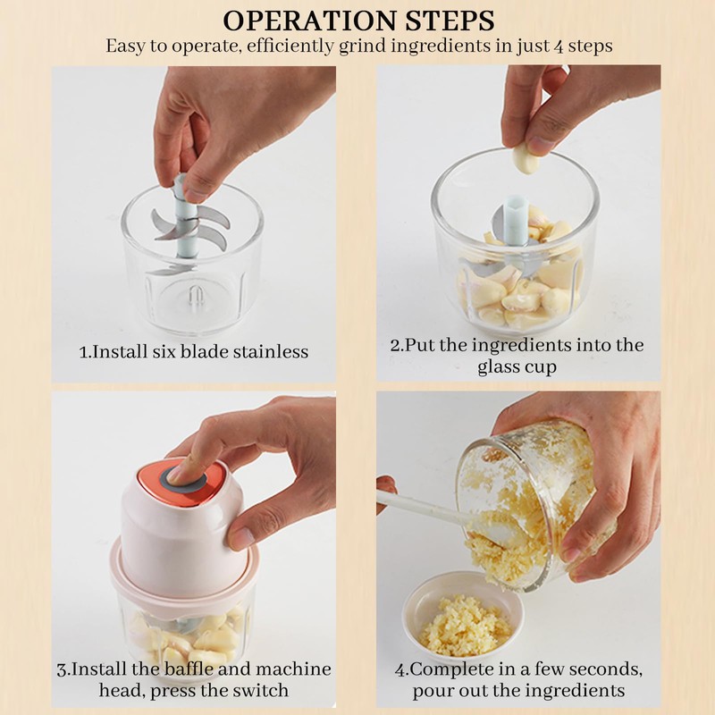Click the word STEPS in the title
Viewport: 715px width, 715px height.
pyautogui.click(x=443, y=21)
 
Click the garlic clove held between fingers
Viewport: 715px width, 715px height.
pyautogui.click(x=524, y=160)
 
